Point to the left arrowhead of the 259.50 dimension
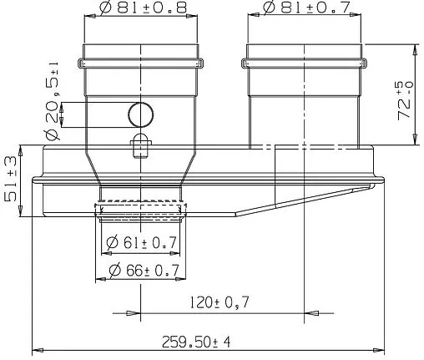point(35,348)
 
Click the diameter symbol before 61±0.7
point(112,244)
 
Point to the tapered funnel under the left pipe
point(140,171)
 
